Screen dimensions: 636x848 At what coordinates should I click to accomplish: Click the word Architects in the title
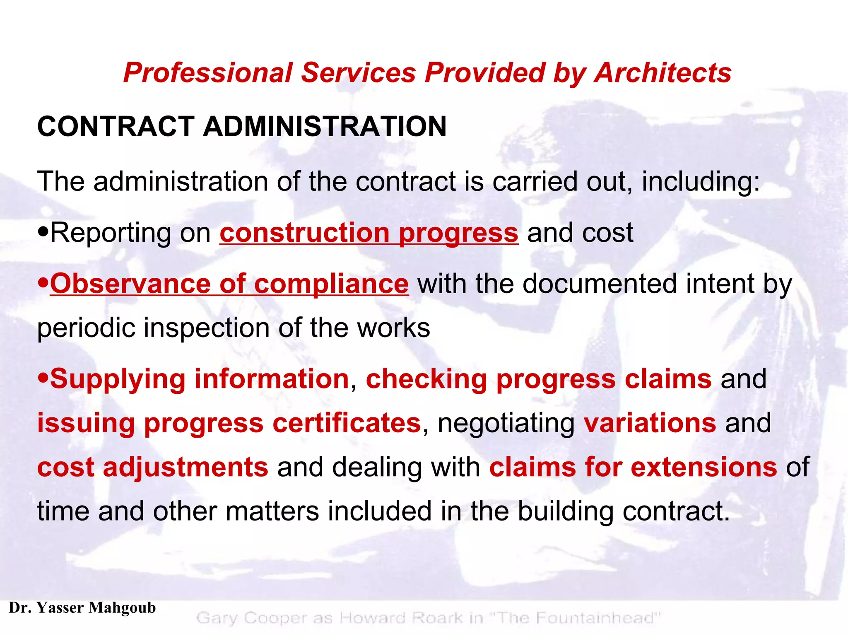click(662, 73)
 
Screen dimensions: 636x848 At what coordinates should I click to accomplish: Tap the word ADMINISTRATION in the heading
click(325, 126)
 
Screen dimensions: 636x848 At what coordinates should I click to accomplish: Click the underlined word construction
click(304, 232)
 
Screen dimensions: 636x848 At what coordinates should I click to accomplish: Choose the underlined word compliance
click(331, 284)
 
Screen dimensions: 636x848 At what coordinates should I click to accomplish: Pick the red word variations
click(650, 423)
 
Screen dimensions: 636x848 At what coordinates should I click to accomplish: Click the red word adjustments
click(185, 467)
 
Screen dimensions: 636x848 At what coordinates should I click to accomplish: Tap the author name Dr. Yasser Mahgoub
click(82, 607)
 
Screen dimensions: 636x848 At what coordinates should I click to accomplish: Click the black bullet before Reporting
click(43, 233)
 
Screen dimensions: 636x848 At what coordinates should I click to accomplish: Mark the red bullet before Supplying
click(43, 379)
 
